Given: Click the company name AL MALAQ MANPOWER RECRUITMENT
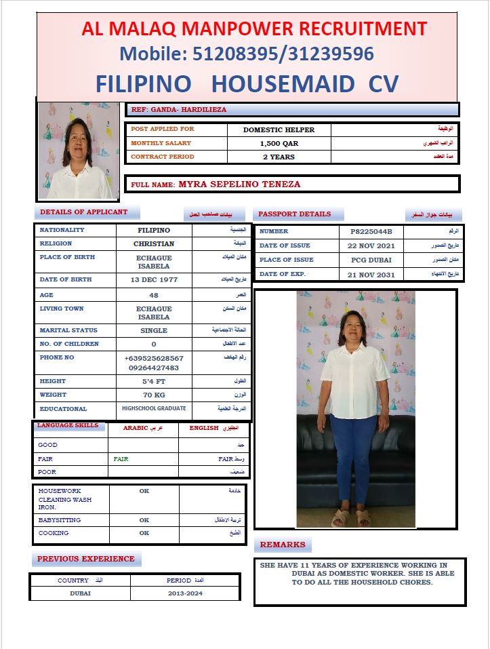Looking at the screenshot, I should coord(254,29).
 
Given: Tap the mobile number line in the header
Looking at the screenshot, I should coord(247,54).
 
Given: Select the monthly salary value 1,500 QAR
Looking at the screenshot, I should coord(279,144).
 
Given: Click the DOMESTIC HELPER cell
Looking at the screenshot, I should coord(279,130).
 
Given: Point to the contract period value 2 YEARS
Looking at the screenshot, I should coord(279,157).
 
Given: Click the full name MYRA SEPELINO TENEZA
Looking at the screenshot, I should coord(239,184).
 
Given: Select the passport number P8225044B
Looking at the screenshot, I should coord(371,232).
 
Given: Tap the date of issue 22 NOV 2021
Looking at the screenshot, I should coord(371,246).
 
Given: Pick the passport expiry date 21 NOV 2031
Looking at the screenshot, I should coord(371,275).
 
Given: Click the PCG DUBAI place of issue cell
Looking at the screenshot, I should coord(371,260).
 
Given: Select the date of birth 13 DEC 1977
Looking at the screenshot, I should coord(154,280).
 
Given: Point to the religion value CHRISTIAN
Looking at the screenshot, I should coord(154,244).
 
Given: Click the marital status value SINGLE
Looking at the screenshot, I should coord(154,331).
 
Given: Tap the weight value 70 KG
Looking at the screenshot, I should coord(154,395).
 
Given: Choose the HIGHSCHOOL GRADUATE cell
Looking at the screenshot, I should coord(154,409).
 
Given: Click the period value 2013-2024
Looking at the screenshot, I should coord(185,593).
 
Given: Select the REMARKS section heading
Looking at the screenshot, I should coord(283,545).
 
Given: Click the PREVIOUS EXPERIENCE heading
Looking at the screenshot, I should coord(86,559).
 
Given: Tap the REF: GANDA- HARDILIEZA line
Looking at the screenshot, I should coord(179,109).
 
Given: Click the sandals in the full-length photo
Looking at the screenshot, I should coord(351,520).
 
